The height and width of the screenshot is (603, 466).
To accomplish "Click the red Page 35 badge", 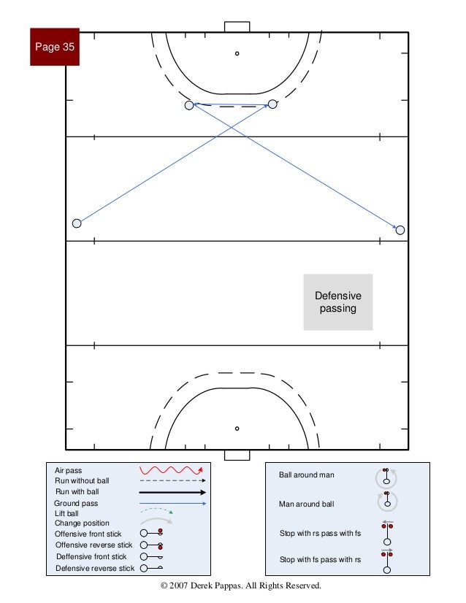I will click(55, 47).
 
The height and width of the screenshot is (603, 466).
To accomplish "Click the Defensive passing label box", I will click(338, 302).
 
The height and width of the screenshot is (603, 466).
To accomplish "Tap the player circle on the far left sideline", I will click(77, 223).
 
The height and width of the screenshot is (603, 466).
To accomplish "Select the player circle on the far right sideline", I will click(400, 230).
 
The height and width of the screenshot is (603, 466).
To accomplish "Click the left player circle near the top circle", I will click(189, 105).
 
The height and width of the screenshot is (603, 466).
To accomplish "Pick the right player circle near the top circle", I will click(272, 104).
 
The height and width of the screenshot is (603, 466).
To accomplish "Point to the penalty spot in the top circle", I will click(237, 53).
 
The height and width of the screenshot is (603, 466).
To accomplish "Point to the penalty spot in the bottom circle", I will click(237, 429).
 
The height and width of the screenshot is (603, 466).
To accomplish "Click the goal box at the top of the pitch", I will click(237, 26).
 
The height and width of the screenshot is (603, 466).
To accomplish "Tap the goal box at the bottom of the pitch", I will click(237, 455).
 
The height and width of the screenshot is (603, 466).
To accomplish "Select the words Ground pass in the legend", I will click(76, 504).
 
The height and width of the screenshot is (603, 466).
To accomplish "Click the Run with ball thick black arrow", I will click(173, 493).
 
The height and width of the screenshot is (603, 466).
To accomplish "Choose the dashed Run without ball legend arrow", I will click(173, 481).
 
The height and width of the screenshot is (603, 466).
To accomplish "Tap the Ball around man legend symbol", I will click(386, 477).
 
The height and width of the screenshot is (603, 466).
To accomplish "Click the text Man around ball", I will click(307, 504).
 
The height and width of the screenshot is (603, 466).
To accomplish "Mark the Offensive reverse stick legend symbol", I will click(152, 545).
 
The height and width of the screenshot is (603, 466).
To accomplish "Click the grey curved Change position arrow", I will click(156, 523).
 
